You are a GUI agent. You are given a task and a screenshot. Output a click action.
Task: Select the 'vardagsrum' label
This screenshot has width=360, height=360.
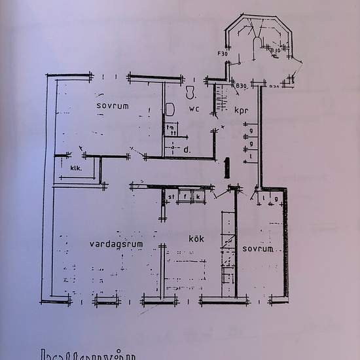pos(116,243)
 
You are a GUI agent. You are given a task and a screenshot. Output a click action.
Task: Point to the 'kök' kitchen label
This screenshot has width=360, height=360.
pos(196,239)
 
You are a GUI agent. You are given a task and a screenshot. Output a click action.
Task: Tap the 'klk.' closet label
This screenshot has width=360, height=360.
pos(77,169)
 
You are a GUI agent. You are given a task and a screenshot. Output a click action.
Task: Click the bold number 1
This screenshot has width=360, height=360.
pos(226,167)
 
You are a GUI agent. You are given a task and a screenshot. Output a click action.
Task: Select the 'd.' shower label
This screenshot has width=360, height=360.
pos(187,149)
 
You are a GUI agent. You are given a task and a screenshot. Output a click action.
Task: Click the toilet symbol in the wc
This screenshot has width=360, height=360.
pos(189,90)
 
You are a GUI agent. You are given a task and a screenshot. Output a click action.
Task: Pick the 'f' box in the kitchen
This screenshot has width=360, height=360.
pos(185,195)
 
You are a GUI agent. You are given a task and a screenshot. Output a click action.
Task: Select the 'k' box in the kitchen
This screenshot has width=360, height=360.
pos(197,195)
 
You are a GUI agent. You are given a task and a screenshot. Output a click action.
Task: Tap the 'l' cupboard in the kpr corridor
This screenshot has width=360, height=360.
pos(251,157)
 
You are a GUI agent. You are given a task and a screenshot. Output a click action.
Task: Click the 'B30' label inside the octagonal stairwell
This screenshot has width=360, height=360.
pos(276,50)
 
